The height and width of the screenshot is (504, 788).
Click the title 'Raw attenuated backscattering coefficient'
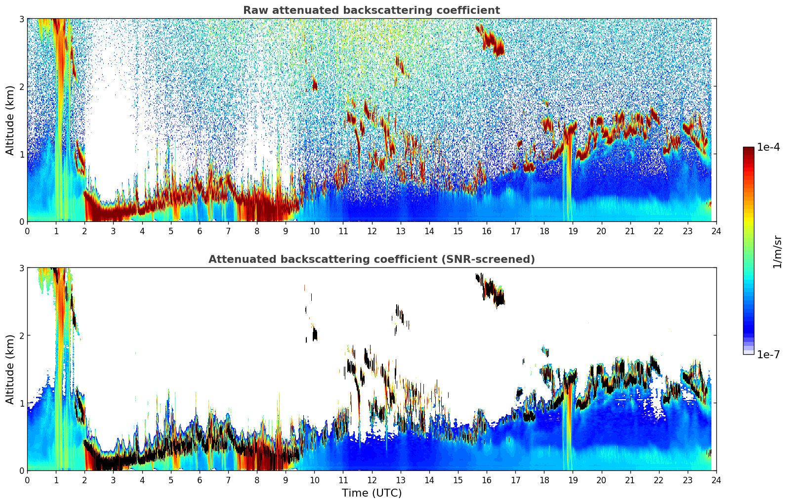371,10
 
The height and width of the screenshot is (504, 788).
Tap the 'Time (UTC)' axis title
372,493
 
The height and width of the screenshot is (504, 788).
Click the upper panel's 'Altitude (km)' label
10,120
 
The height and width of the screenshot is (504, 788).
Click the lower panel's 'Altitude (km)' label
10,369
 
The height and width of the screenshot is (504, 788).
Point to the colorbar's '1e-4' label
768,147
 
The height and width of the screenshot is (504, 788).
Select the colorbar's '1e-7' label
768,354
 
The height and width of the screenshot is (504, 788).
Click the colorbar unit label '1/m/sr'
777,251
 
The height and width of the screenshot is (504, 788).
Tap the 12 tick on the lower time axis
372,480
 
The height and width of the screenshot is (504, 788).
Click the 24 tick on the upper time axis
716,231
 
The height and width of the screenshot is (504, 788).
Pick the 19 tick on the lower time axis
573,480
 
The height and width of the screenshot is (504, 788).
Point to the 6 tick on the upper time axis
200,231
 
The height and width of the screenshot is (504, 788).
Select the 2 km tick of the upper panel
21,86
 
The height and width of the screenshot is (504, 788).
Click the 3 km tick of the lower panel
21,268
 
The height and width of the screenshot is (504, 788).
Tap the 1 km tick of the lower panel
21,403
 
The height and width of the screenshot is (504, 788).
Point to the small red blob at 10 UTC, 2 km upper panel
315,85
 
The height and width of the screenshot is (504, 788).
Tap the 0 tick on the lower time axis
27,480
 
